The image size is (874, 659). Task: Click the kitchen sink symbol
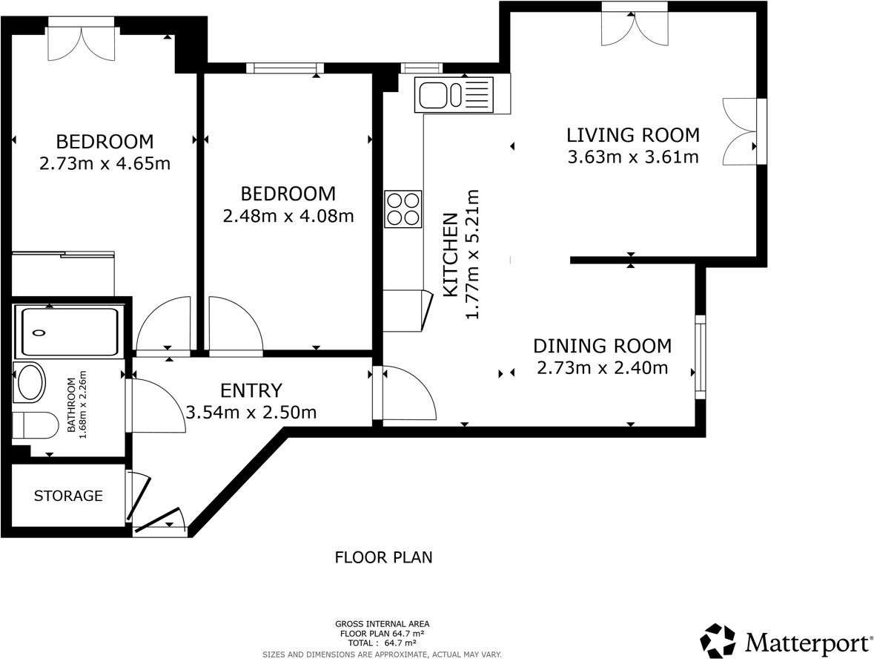(454, 95)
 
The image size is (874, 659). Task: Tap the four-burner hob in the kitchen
(403, 209)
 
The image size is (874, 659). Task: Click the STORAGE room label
(68, 496)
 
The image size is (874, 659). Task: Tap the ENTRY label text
(251, 390)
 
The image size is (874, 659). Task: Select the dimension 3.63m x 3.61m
(633, 157)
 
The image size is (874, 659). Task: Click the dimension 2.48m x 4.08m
(288, 217)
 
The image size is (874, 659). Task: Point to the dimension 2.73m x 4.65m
(105, 163)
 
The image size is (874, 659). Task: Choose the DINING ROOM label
(602, 346)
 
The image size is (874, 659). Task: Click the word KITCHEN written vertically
(450, 255)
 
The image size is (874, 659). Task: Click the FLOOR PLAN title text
(383, 557)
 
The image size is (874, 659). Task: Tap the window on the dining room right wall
(699, 357)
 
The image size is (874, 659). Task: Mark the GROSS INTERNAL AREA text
(382, 624)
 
